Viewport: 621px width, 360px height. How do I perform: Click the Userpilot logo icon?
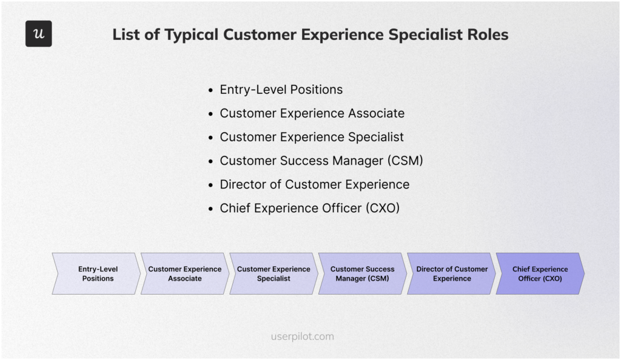(38, 34)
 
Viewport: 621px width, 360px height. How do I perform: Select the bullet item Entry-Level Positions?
(281, 90)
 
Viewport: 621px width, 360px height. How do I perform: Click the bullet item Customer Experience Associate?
(312, 113)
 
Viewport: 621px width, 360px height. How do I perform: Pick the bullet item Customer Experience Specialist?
(312, 137)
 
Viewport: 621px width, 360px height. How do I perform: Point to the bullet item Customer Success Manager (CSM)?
(321, 161)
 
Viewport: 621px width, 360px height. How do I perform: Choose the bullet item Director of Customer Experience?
(314, 184)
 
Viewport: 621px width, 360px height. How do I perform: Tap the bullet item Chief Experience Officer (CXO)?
(309, 208)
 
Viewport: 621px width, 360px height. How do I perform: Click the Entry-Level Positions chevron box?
(97, 274)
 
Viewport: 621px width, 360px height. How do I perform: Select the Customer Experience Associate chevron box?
(185, 274)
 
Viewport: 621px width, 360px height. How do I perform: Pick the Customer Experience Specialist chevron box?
(274, 274)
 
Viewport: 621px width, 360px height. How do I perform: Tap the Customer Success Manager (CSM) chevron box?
(362, 274)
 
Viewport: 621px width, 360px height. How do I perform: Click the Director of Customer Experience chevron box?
(451, 274)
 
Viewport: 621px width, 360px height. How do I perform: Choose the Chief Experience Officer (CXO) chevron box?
(540, 274)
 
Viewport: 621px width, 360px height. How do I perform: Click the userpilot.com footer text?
(302, 336)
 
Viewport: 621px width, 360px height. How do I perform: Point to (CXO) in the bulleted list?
(382, 208)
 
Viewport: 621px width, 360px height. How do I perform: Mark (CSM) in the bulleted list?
(404, 161)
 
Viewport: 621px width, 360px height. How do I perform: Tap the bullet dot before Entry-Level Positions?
(210, 90)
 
